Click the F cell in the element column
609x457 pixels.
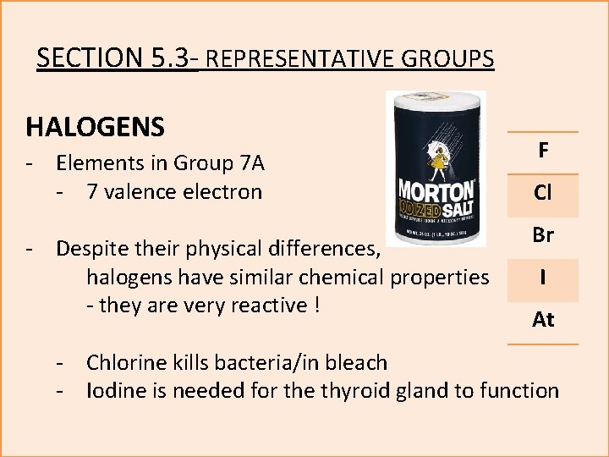click(x=543, y=152)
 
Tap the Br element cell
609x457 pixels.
click(x=543, y=236)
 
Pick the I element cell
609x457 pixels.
click(x=543, y=278)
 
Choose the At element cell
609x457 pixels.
click(x=543, y=320)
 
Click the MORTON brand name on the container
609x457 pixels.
click(x=436, y=187)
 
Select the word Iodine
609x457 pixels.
click(x=118, y=390)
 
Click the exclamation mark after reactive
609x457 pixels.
click(x=315, y=305)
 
